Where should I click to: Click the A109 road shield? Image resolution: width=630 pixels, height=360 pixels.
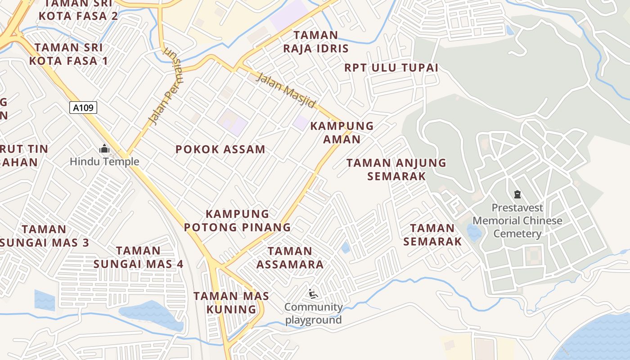pyautogui.click(x=83, y=107)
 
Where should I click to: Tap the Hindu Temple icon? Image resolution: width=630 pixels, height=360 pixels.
pyautogui.click(x=104, y=148)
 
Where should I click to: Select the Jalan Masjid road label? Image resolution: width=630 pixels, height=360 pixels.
pyautogui.click(x=286, y=90)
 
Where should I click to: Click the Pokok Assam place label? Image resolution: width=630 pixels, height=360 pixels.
pyautogui.click(x=220, y=149)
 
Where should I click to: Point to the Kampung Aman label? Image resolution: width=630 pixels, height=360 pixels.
pyautogui.click(x=342, y=132)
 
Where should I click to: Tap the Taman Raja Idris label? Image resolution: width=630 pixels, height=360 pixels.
pyautogui.click(x=316, y=42)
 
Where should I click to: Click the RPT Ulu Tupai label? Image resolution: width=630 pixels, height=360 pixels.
pyautogui.click(x=391, y=68)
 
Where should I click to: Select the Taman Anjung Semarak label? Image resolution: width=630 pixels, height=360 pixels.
pyautogui.click(x=396, y=169)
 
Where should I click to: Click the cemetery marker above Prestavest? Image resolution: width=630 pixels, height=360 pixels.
pyautogui.click(x=517, y=194)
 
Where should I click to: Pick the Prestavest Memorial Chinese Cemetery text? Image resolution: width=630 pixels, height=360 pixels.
pyautogui.click(x=517, y=221)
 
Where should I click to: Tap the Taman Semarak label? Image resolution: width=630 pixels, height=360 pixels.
pyautogui.click(x=432, y=235)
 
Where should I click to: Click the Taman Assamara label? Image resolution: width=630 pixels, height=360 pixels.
pyautogui.click(x=290, y=258)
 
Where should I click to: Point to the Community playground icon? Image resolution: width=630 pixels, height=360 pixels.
pyautogui.click(x=314, y=294)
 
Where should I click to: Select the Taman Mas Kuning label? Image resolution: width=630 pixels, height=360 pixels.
pyautogui.click(x=231, y=303)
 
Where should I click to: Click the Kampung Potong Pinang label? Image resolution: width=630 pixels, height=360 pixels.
pyautogui.click(x=237, y=220)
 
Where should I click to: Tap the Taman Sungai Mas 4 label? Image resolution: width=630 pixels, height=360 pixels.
pyautogui.click(x=138, y=257)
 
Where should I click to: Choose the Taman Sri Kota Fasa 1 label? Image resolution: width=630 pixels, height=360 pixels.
pyautogui.click(x=68, y=54)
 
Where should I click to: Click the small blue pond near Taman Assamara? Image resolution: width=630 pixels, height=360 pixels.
pyautogui.click(x=345, y=247)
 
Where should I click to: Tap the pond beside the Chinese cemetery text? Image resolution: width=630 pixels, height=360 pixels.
pyautogui.click(x=474, y=232)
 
